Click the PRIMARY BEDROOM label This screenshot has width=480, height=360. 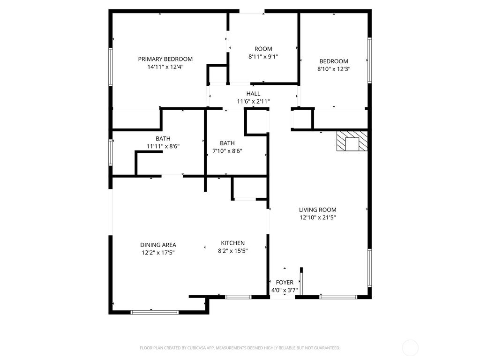[165, 59]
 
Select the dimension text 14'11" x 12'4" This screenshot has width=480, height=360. [165, 67]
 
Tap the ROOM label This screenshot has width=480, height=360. [263, 49]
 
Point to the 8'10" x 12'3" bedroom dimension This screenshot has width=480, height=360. [334, 69]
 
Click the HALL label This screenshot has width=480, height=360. [253, 94]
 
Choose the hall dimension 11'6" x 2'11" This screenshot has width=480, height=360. [253, 101]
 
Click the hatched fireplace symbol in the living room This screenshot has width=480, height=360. [352, 142]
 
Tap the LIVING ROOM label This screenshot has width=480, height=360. [318, 210]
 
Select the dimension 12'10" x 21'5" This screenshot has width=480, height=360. [318, 217]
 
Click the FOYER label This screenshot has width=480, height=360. [285, 282]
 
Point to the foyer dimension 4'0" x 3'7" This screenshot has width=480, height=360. [285, 290]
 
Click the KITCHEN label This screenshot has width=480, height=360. [233, 243]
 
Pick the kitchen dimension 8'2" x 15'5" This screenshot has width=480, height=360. [233, 251]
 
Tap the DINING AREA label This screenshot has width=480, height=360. [158, 245]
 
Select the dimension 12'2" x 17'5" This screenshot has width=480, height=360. [158, 253]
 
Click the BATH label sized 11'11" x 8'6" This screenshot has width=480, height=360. [163, 138]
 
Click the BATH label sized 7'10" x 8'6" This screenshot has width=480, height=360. [227, 143]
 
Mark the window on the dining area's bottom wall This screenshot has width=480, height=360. [155, 312]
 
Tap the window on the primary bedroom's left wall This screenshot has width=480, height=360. [111, 66]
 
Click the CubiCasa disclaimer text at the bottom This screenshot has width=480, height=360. [240, 348]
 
